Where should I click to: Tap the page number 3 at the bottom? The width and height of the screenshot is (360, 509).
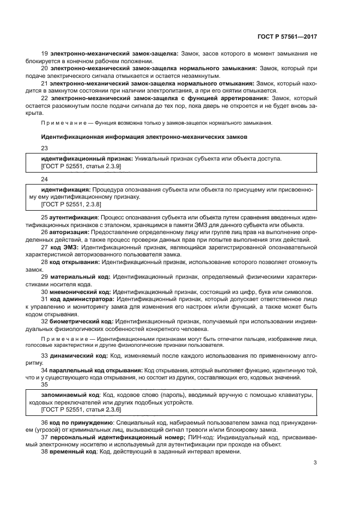[315, 463]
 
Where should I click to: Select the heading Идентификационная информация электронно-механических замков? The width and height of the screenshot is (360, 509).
[144, 137]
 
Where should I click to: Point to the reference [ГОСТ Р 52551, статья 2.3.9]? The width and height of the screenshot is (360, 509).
[81, 165]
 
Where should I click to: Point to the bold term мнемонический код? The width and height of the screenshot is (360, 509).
[81, 291]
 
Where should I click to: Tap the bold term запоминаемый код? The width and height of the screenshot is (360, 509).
[69, 394]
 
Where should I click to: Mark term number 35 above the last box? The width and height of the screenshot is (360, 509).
[45, 384]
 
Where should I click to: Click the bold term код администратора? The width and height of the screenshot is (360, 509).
[83, 299]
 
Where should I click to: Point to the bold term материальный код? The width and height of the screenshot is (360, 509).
[78, 277]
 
